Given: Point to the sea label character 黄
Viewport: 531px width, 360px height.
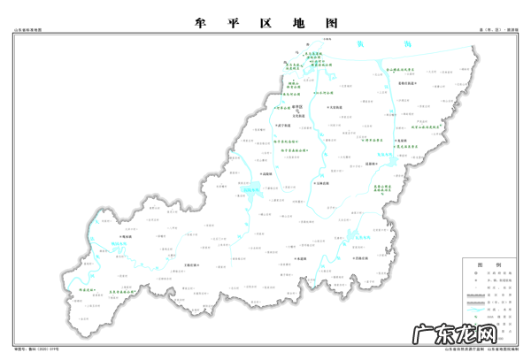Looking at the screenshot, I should click(x=359, y=43).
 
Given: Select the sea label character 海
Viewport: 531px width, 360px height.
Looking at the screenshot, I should click(x=393, y=43).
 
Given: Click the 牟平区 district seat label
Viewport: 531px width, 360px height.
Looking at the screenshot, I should click(x=297, y=106).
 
